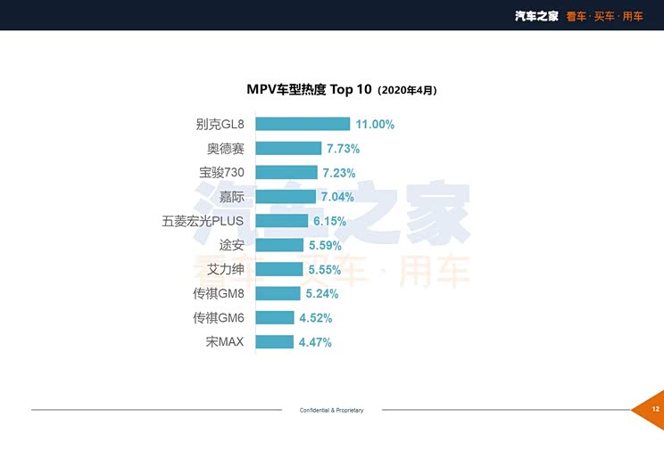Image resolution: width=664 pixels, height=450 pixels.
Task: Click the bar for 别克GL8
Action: click(x=303, y=124)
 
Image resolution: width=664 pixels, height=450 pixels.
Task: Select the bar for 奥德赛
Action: click(x=288, y=149)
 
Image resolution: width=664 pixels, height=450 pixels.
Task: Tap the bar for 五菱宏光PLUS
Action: click(x=282, y=221)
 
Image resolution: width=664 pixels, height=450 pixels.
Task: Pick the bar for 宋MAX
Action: click(x=274, y=341)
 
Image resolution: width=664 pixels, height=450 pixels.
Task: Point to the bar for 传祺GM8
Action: click(x=278, y=293)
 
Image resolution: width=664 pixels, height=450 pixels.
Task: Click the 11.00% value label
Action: click(x=375, y=125)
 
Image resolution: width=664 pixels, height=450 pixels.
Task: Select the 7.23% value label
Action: click(x=339, y=173)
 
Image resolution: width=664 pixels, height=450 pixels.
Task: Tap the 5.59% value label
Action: click(x=325, y=245)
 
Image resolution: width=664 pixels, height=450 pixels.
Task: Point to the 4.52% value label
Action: click(x=315, y=318)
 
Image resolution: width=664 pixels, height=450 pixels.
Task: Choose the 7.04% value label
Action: click(x=337, y=197)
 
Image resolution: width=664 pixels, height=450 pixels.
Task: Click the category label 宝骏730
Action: click(x=221, y=173)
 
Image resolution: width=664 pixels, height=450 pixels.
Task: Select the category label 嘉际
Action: click(x=232, y=197)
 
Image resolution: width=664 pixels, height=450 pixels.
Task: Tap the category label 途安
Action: click(x=232, y=245)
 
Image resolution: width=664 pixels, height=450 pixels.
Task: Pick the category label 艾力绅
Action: click(x=225, y=269)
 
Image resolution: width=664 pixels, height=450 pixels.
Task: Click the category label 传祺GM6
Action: click(x=219, y=317)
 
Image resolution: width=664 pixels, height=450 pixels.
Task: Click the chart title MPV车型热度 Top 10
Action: click(x=309, y=90)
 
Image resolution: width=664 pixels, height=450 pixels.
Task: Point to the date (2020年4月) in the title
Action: click(x=407, y=91)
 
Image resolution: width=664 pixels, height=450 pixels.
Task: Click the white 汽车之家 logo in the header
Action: click(x=536, y=16)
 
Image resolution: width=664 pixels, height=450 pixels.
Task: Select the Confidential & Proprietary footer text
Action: click(x=332, y=410)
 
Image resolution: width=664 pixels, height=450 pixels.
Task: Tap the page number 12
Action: click(x=656, y=409)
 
